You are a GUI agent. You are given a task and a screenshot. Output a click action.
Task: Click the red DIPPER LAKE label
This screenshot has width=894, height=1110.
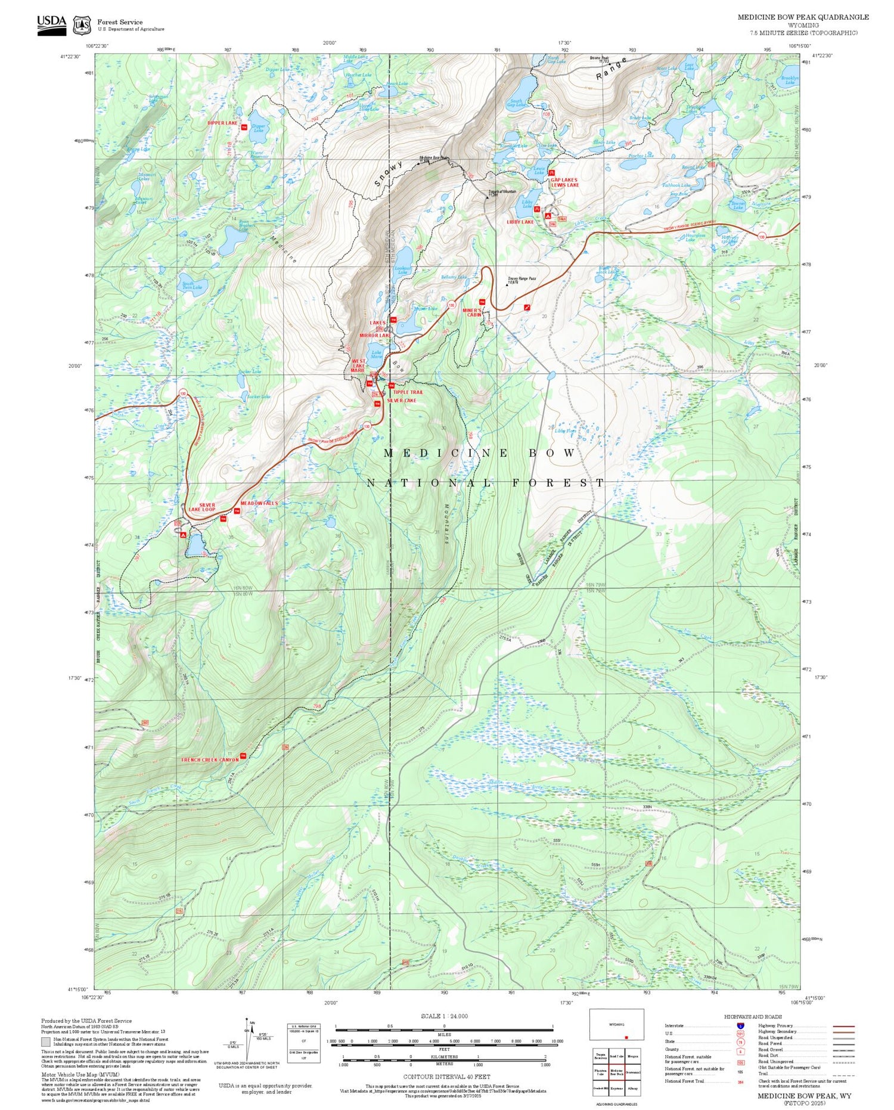click(x=222, y=123)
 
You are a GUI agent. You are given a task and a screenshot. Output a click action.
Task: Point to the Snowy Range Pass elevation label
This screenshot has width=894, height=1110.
click(x=521, y=280)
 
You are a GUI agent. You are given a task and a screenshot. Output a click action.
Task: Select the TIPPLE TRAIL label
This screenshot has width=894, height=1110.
click(x=408, y=392)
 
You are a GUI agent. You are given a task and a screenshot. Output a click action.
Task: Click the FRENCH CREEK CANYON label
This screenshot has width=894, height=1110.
click(x=210, y=759)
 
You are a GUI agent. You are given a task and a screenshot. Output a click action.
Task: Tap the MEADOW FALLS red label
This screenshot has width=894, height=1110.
click(x=259, y=503)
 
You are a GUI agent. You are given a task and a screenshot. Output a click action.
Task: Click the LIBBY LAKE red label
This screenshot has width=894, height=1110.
click(x=520, y=222)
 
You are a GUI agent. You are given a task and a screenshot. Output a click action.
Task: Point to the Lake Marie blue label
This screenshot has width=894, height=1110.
click(x=377, y=354)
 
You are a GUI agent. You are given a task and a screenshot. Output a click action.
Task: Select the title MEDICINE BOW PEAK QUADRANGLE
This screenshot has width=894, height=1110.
click(x=803, y=17)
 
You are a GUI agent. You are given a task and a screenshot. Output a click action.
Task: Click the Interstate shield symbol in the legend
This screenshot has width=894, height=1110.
click(x=740, y=1026)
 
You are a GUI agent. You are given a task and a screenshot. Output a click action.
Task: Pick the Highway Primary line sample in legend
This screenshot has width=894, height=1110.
click(x=842, y=1026)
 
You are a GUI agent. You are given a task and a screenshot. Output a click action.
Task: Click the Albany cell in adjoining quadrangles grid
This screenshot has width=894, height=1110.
click(x=633, y=1088)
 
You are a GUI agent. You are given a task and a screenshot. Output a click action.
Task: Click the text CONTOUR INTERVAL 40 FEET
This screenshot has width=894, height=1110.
click(x=446, y=1077)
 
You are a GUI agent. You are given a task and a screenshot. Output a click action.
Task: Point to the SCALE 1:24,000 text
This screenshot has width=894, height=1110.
click(x=444, y=1016)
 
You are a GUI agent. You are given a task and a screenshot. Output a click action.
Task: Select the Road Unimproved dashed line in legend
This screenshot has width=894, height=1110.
click(x=842, y=1062)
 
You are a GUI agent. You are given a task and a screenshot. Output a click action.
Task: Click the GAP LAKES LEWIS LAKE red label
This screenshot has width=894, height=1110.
click(x=564, y=182)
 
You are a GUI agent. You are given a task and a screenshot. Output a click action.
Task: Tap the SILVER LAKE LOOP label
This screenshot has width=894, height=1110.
click(x=202, y=507)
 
